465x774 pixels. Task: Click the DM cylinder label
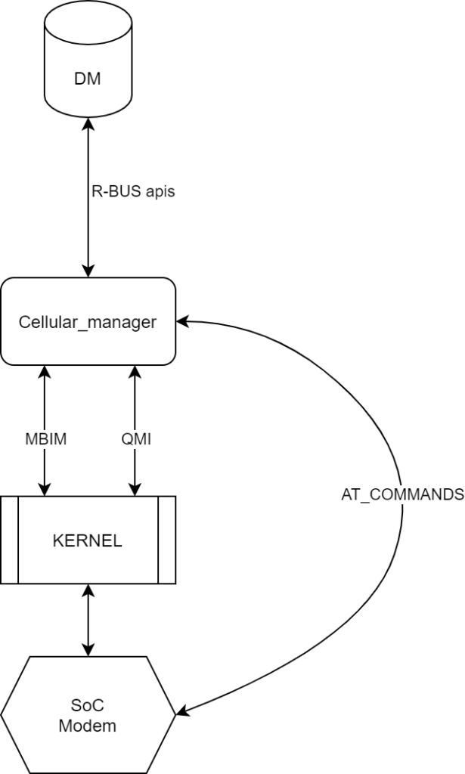pyautogui.click(x=88, y=79)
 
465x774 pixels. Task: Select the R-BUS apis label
pyautogui.click(x=132, y=191)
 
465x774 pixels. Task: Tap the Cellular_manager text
pyautogui.click(x=88, y=323)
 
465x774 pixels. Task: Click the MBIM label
pyautogui.click(x=47, y=438)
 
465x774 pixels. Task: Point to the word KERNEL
pyautogui.click(x=88, y=540)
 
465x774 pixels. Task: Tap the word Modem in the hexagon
pyautogui.click(x=88, y=726)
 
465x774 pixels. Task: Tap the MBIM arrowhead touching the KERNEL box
pyautogui.click(x=47, y=489)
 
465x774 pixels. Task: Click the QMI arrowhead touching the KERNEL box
pyautogui.click(x=135, y=489)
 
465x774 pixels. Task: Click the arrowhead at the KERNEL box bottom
pyautogui.click(x=88, y=591)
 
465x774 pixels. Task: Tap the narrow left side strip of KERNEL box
pyautogui.click(x=9, y=540)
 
